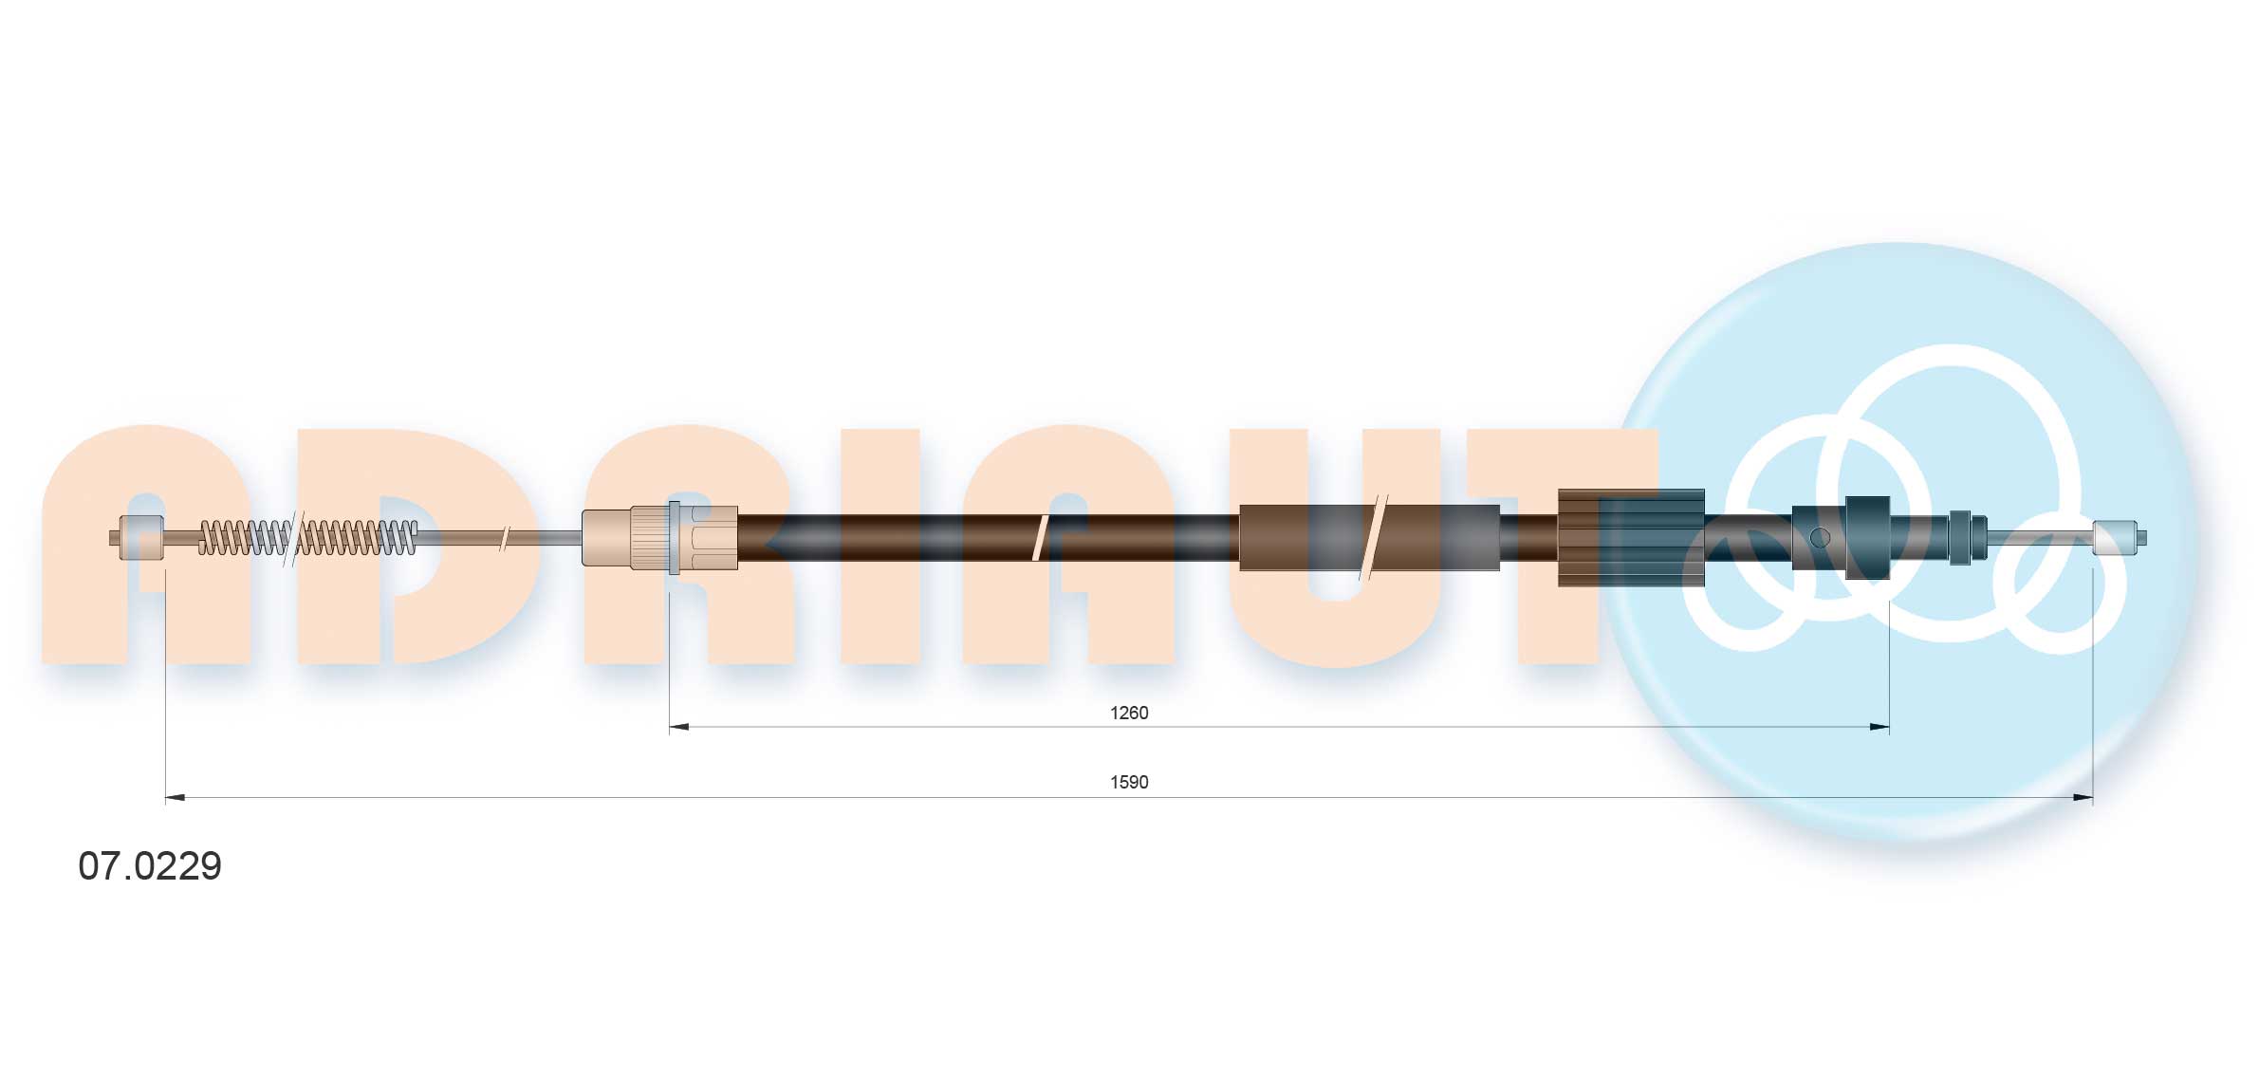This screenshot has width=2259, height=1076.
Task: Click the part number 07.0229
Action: point(150,865)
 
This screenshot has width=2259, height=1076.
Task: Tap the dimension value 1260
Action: point(1129,713)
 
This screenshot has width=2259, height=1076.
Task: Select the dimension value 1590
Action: point(1129,782)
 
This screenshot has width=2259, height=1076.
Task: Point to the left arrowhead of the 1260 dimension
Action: point(679,728)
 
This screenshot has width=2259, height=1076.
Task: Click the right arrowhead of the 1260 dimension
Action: point(1879,728)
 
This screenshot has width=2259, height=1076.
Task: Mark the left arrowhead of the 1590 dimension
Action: point(176,798)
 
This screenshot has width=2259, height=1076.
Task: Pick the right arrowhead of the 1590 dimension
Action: point(2083,798)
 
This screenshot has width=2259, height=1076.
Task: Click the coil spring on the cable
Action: point(307,538)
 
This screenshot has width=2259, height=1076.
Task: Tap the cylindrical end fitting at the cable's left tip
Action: point(141,537)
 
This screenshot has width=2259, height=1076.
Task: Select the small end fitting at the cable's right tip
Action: point(2115,538)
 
